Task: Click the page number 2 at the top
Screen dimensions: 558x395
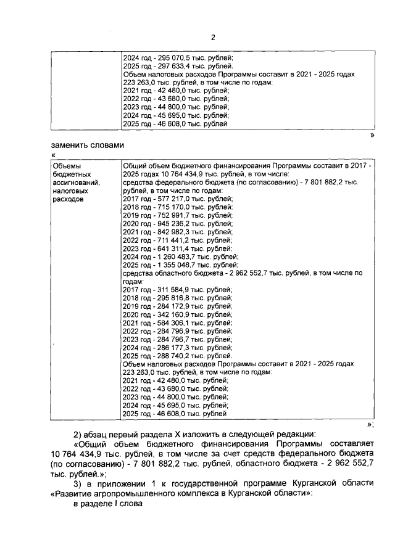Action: click(213, 37)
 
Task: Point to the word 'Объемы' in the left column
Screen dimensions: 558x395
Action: click(66, 166)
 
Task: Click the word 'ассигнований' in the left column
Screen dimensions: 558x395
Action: click(77, 183)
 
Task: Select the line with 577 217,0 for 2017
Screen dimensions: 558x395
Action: click(178, 200)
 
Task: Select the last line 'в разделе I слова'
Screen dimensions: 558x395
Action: click(108, 504)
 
